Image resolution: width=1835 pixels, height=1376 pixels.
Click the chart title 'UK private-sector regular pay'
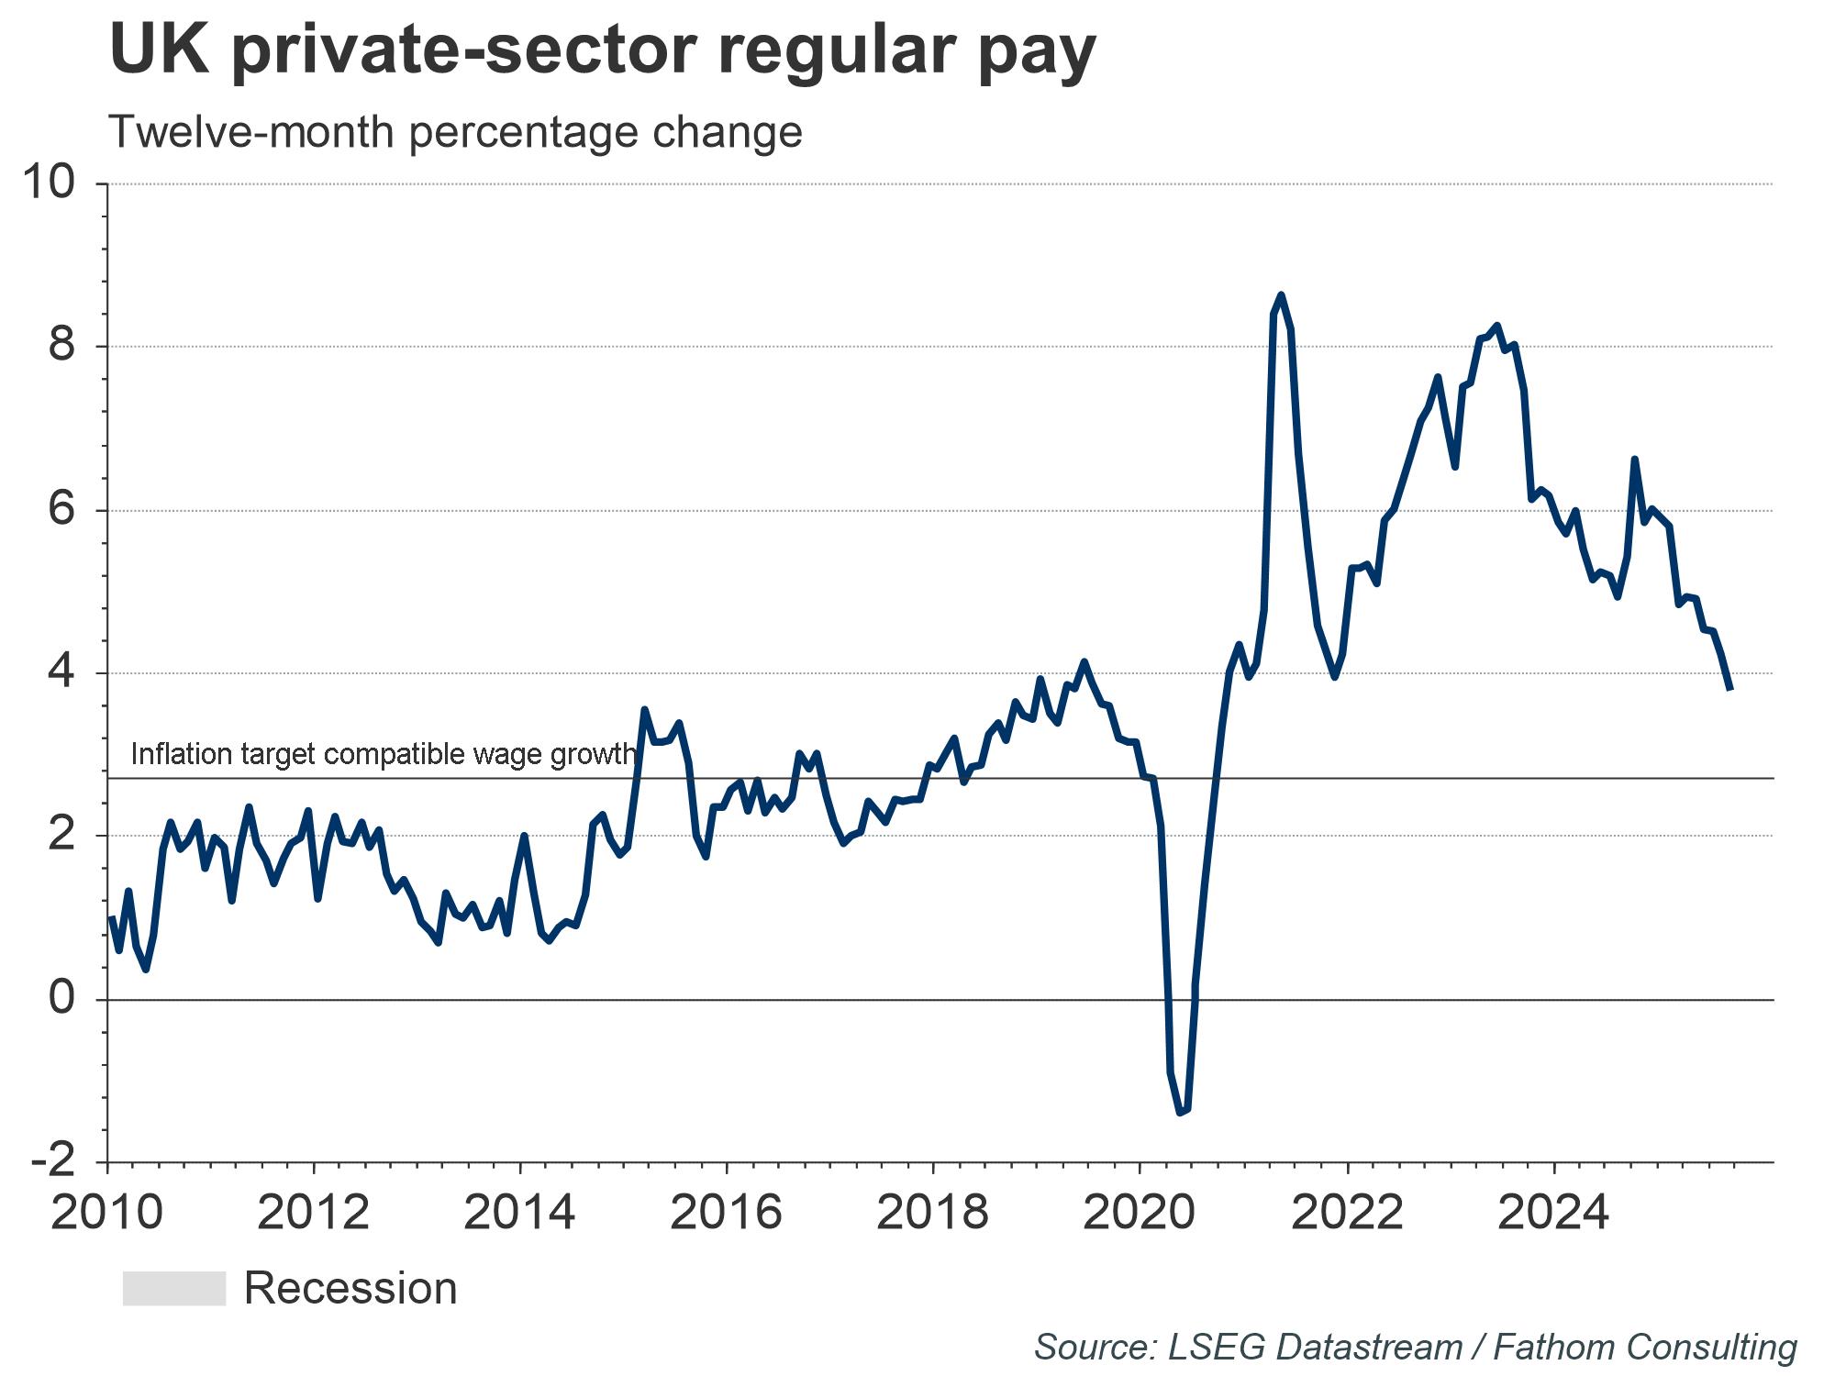pos(603,50)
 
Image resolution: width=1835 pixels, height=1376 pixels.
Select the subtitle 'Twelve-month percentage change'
pos(455,132)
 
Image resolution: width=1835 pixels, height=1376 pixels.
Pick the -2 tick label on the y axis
pos(52,1162)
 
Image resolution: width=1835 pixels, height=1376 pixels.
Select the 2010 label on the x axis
pos(107,1213)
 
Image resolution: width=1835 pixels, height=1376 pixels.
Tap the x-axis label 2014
pos(520,1213)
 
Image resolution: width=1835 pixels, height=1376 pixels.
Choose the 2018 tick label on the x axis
pos(933,1213)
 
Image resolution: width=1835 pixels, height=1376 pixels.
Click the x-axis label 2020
pos(1140,1213)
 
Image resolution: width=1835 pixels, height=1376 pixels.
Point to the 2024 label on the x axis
pos(1553,1213)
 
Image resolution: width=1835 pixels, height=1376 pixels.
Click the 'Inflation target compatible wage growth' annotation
pos(383,754)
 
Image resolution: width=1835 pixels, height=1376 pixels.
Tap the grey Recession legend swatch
pos(174,1288)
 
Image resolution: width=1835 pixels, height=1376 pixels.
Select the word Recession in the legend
pos(350,1289)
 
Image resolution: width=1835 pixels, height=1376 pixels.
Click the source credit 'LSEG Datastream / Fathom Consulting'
pos(1415,1348)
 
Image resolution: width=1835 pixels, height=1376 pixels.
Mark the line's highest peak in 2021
pos(1281,295)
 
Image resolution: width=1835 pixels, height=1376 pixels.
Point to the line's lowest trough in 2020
pos(1180,1113)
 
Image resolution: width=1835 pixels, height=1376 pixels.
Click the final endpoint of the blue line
pos(1730,689)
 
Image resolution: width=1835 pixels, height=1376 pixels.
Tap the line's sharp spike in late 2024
pos(1634,459)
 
